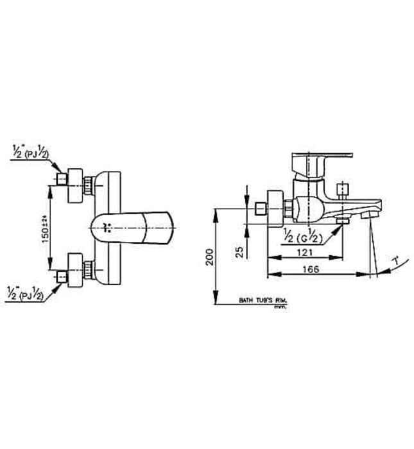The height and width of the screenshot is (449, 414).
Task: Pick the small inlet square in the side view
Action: (260, 209)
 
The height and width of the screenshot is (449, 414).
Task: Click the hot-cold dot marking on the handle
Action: (107, 226)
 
